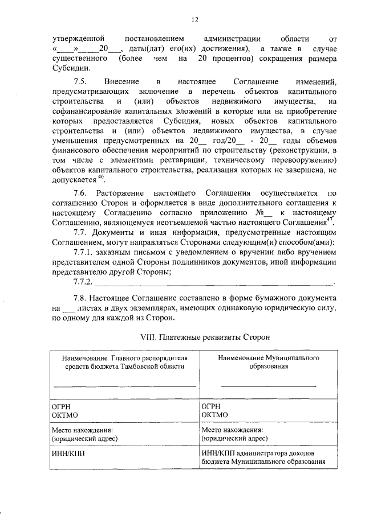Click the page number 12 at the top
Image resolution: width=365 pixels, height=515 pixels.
coord(194,20)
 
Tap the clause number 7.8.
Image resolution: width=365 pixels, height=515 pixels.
coord(81,298)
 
